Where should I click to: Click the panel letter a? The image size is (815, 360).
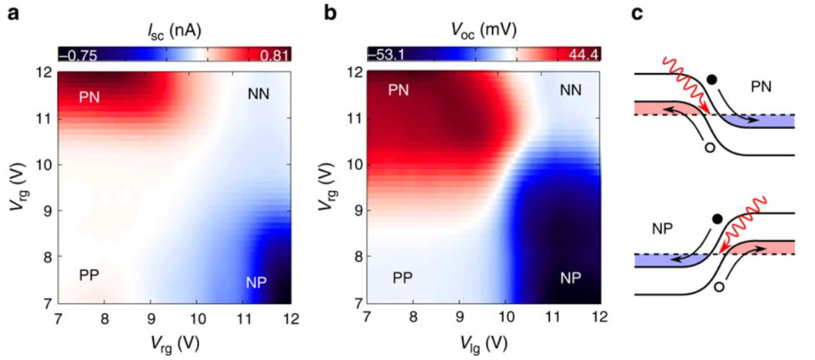12,14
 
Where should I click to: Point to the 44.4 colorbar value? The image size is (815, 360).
582,54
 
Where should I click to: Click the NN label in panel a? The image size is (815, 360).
259,94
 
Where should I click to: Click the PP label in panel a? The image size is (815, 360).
91,275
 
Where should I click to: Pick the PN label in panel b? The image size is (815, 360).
399,91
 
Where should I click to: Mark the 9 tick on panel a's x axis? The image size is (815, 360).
151,318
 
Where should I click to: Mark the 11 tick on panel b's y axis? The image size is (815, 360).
352,118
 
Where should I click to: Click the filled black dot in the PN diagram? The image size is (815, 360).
712,78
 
